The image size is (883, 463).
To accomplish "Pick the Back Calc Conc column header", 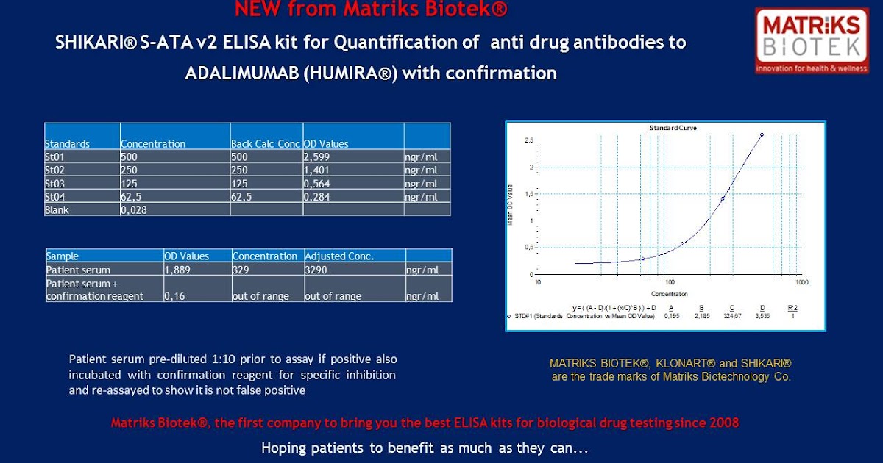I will coord(265,144).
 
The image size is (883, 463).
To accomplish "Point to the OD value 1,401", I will coord(317,171).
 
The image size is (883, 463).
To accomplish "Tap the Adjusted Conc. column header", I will coord(339,256).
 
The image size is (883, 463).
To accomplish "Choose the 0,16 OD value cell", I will coord(174,296).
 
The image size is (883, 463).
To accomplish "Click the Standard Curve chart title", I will coord(673,128).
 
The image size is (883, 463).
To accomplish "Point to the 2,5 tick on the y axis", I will coord(528,140).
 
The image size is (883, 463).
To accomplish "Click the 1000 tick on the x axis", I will coord(801,282).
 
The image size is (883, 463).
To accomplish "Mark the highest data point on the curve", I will coord(762,134).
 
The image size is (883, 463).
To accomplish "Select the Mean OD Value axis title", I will coord(511,205).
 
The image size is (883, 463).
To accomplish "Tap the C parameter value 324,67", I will coord(731,316).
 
